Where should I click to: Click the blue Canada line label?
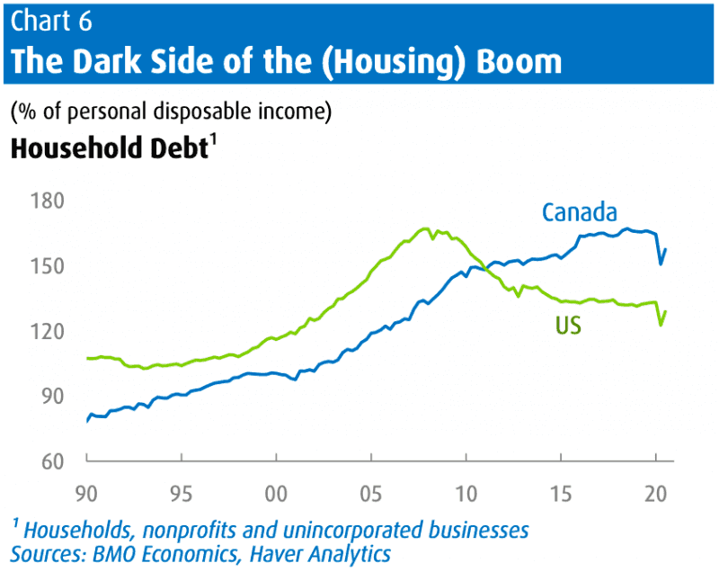point(579,212)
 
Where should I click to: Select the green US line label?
point(568,326)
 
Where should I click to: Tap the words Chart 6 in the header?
point(51,21)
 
